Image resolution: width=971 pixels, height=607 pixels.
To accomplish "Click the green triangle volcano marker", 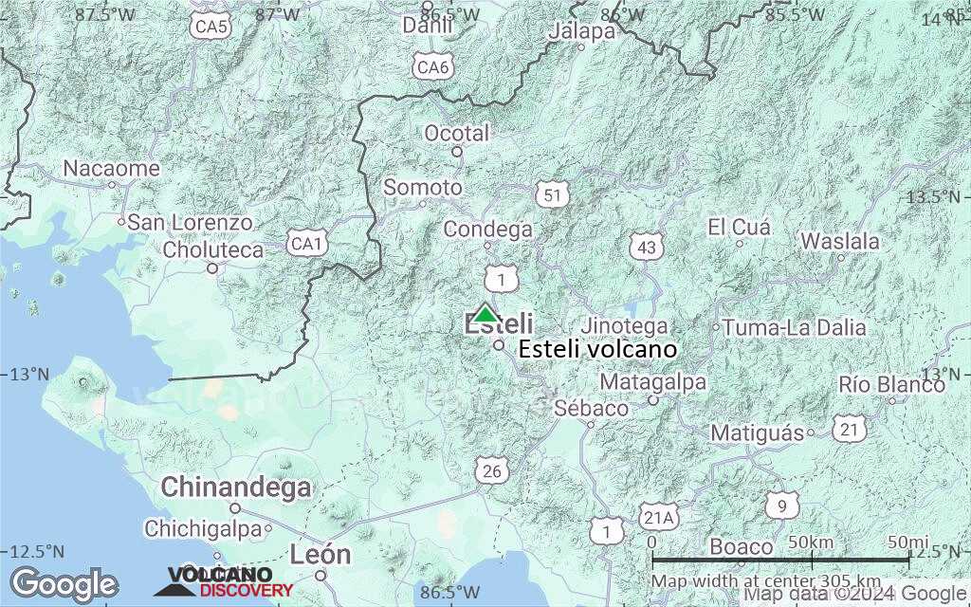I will pos(485,314).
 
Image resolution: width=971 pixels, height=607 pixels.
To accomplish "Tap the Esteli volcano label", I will pos(597,350).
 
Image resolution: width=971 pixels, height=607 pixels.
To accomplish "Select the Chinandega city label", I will pos(235,487).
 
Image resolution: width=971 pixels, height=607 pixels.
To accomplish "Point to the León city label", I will pos(321,554).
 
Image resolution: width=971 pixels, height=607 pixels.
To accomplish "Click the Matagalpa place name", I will pos(653,382).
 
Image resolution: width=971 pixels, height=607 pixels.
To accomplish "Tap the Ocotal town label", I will pos(457,133).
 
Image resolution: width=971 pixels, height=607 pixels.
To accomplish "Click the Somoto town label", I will pos(423,188).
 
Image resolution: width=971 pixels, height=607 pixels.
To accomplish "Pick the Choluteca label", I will pos(213,250).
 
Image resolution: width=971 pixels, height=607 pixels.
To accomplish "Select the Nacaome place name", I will pos(111,168).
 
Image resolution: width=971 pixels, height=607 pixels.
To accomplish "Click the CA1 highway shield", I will pos(307,245).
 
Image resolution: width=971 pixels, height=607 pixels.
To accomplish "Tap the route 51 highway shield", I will pos(552,194).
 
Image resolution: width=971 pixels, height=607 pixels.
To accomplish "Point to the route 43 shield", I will pos(646,248).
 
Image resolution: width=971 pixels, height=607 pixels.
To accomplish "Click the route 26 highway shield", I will pos(491,470).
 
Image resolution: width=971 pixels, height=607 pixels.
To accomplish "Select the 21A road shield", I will pos(659,517).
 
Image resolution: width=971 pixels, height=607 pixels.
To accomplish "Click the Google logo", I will pos(64,583).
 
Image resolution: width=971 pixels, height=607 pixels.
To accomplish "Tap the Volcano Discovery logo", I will pos(225,582).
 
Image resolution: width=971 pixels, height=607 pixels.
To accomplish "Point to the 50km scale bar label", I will pos(811,541).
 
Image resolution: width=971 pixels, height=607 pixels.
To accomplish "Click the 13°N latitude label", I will pos(30,374).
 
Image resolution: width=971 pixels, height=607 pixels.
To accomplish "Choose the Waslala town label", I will pos(840,241).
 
